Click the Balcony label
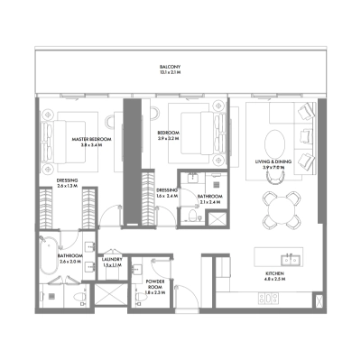pos(171,68)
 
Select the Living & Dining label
pos(277,163)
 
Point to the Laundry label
pos(112,260)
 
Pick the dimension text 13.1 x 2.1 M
pos(171,74)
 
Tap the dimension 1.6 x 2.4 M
pos(167,196)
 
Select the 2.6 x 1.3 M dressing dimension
pos(66,186)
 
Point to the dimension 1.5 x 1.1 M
pos(112,265)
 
